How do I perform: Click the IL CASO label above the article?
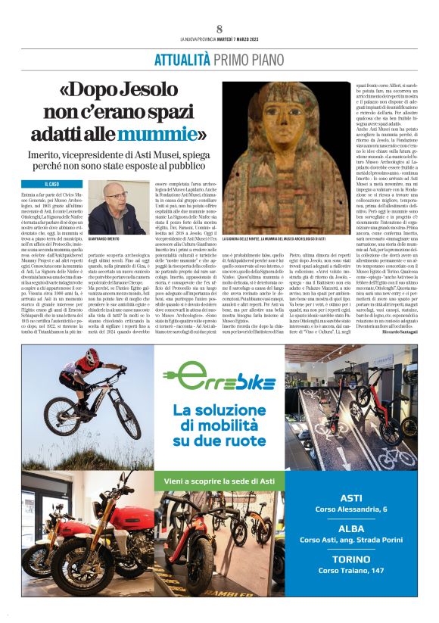tap(53, 184)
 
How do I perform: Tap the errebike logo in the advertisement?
tap(219, 375)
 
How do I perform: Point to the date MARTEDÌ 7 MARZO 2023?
tap(236, 39)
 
